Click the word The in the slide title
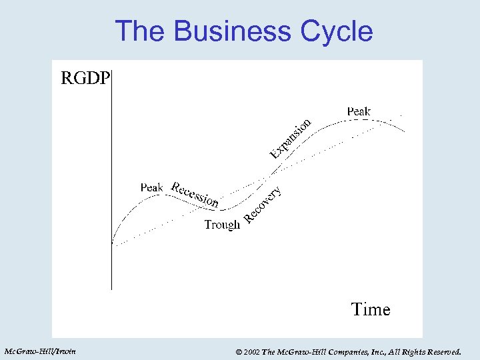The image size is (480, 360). click(138, 31)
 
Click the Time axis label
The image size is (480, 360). click(370, 309)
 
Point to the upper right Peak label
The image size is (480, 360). click(359, 111)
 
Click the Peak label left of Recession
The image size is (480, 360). click(151, 187)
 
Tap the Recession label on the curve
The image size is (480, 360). click(195, 193)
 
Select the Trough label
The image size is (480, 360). click(221, 225)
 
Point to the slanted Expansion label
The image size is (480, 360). click(291, 139)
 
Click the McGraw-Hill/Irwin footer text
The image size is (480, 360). click(40, 351)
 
